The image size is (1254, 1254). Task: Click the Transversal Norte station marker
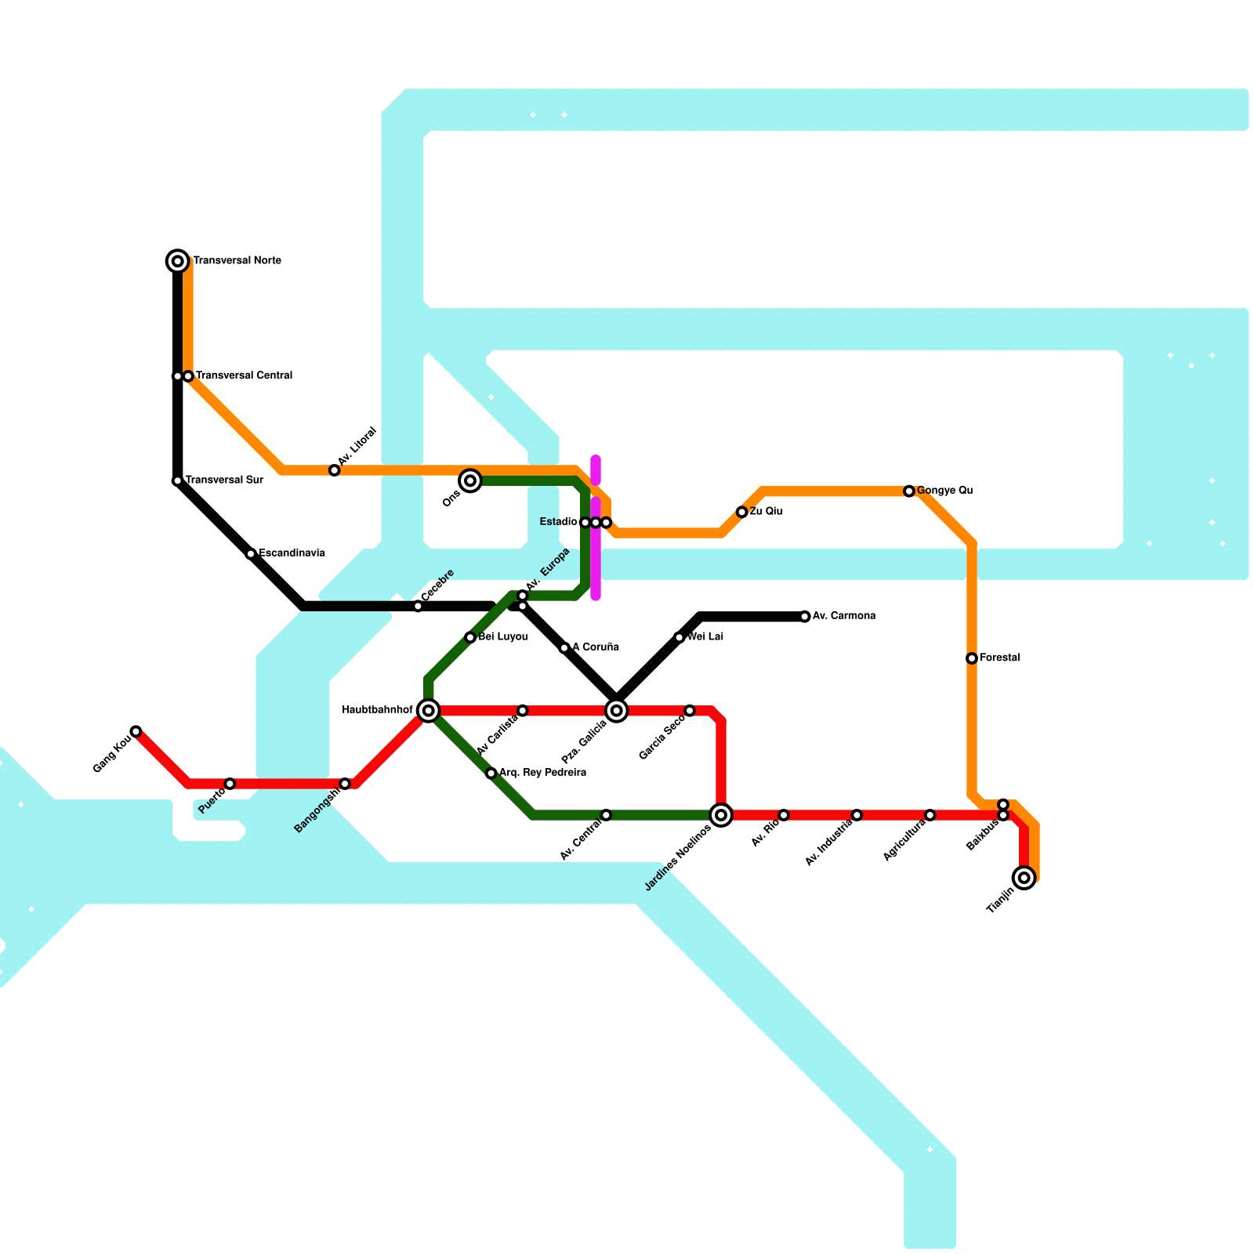click(178, 261)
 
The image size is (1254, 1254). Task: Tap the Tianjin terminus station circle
click(1024, 878)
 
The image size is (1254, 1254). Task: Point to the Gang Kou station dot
click(136, 731)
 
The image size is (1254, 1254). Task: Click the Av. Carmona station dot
click(805, 617)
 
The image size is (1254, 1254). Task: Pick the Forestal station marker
click(972, 658)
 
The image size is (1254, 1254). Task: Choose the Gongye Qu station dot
click(909, 491)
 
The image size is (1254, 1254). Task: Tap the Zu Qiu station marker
click(742, 512)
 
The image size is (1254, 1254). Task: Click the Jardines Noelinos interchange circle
click(721, 815)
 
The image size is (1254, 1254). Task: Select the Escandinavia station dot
click(251, 554)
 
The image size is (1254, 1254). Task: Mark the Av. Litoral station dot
click(335, 470)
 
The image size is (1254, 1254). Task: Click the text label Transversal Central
click(244, 376)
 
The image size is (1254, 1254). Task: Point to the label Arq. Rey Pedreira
click(542, 773)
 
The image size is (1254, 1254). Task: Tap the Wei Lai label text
click(705, 637)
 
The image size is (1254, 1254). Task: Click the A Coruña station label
click(596, 647)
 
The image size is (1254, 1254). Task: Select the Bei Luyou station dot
click(470, 637)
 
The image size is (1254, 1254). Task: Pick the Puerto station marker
click(230, 784)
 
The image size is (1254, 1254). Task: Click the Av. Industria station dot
click(857, 815)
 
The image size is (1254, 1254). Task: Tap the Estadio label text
click(559, 522)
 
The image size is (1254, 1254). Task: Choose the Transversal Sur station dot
click(178, 480)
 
